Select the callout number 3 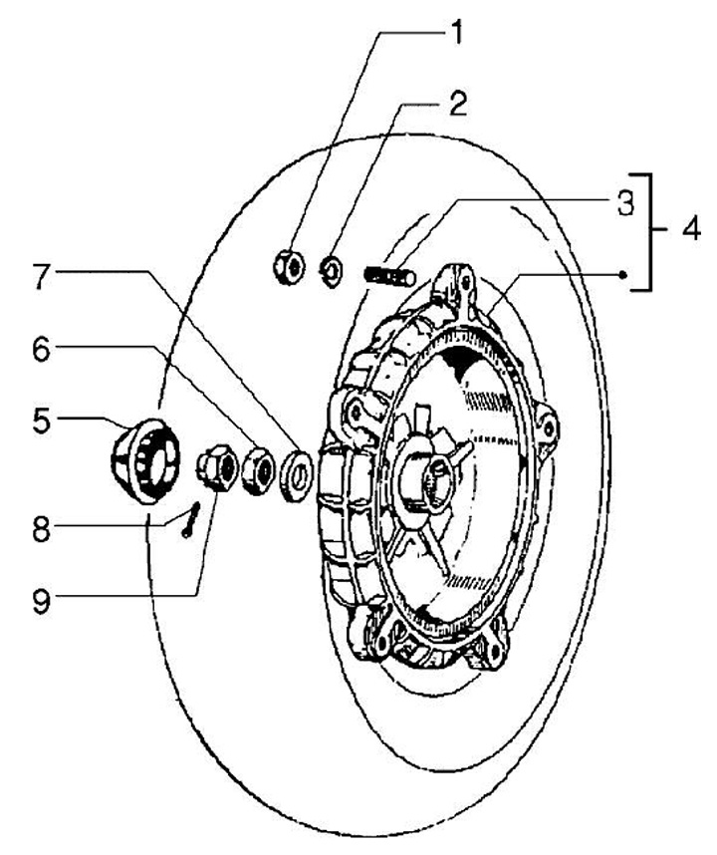(623, 203)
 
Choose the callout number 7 (40, 275)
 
